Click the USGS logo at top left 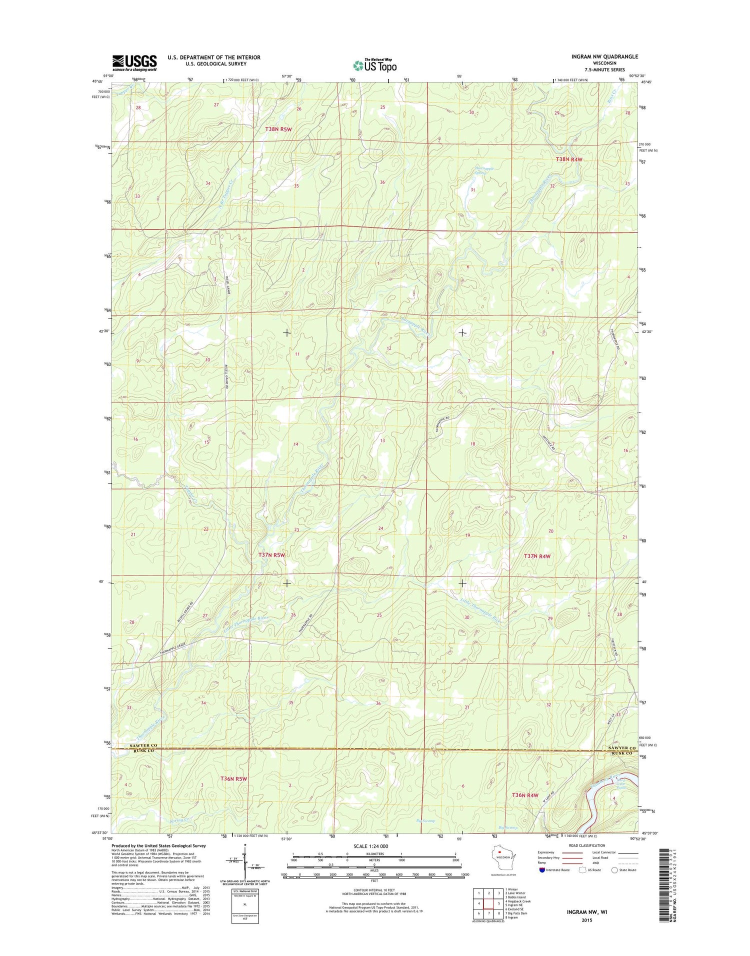click(x=134, y=63)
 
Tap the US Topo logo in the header click(x=374, y=65)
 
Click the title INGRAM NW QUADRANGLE click(x=604, y=56)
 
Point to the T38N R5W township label click(x=278, y=129)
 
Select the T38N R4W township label click(x=569, y=159)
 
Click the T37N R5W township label click(x=271, y=555)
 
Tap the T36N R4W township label click(x=524, y=795)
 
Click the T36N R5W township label click(x=233, y=778)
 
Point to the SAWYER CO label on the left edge click(x=143, y=745)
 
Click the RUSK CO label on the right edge click(x=621, y=753)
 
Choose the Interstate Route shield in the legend click(x=542, y=870)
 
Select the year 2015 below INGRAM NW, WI click(x=586, y=920)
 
